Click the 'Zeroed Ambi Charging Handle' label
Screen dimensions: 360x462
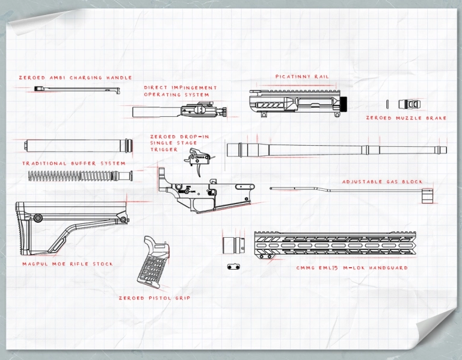click(x=75, y=78)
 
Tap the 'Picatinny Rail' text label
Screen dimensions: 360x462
click(x=302, y=76)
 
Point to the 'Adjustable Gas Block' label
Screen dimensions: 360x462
click(x=382, y=181)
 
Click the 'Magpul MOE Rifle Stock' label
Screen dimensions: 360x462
click(x=67, y=264)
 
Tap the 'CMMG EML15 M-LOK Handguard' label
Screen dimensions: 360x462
click(x=352, y=267)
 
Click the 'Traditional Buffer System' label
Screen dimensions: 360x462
click(x=74, y=163)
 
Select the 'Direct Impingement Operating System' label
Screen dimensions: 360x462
click(x=180, y=91)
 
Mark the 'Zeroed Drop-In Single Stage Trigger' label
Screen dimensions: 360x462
click(x=171, y=143)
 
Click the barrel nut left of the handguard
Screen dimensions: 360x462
click(x=232, y=246)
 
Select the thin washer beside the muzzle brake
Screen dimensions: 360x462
click(x=388, y=103)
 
